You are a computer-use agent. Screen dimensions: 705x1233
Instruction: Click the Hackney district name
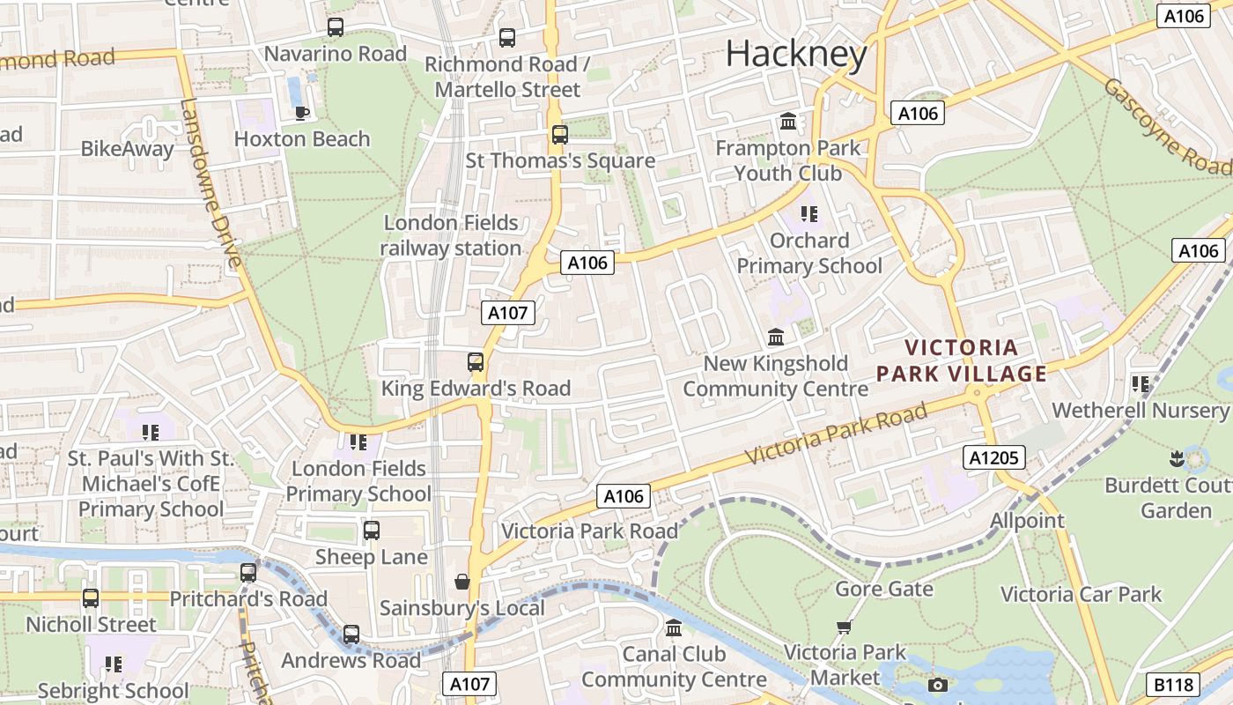796,55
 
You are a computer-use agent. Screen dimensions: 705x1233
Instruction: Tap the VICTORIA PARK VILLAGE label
962,361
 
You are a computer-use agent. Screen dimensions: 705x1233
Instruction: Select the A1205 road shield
993,457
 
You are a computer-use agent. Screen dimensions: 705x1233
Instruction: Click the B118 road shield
1174,685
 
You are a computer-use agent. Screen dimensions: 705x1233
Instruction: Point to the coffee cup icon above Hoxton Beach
301,113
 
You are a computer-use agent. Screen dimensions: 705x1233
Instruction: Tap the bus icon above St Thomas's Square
559,135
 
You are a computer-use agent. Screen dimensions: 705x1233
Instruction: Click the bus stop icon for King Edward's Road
476,361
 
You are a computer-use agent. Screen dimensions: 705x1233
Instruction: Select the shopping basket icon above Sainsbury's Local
461,582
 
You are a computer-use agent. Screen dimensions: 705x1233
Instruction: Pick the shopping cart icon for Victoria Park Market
844,627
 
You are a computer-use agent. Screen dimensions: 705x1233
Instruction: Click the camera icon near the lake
938,685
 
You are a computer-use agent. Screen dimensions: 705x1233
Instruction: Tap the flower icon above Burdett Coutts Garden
1176,458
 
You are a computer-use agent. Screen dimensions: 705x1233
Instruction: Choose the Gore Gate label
883,589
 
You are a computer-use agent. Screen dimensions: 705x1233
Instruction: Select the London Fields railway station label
451,235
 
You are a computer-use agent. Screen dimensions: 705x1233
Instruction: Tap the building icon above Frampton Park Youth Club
787,121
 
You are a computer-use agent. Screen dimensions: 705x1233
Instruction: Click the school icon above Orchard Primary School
809,213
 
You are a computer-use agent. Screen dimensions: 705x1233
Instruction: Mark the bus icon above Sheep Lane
372,531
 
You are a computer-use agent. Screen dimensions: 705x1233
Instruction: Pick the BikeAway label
128,149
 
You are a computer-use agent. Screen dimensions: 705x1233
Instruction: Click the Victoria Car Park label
1081,595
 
